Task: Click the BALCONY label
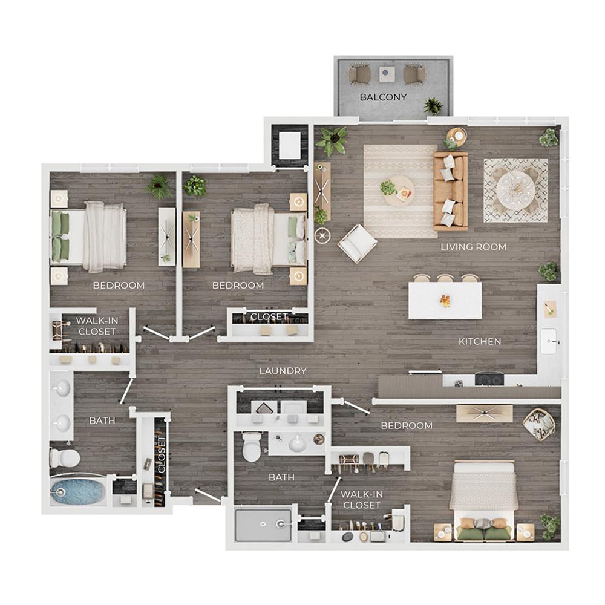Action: [383, 97]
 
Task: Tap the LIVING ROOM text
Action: [474, 247]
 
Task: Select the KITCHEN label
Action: [480, 341]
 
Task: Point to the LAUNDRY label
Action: [283, 371]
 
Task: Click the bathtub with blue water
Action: [77, 491]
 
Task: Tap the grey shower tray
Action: [263, 525]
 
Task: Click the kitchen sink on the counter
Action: [549, 341]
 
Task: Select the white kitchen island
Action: [445, 301]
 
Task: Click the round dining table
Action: [515, 190]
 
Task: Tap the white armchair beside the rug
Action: [358, 243]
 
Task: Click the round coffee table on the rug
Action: [399, 191]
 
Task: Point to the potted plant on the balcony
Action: [434, 106]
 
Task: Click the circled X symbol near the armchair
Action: [322, 235]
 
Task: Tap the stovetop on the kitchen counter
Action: [489, 379]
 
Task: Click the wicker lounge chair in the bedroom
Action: [539, 425]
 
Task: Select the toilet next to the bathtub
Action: [65, 458]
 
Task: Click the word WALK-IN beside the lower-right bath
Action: [362, 494]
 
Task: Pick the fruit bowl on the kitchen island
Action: [445, 300]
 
